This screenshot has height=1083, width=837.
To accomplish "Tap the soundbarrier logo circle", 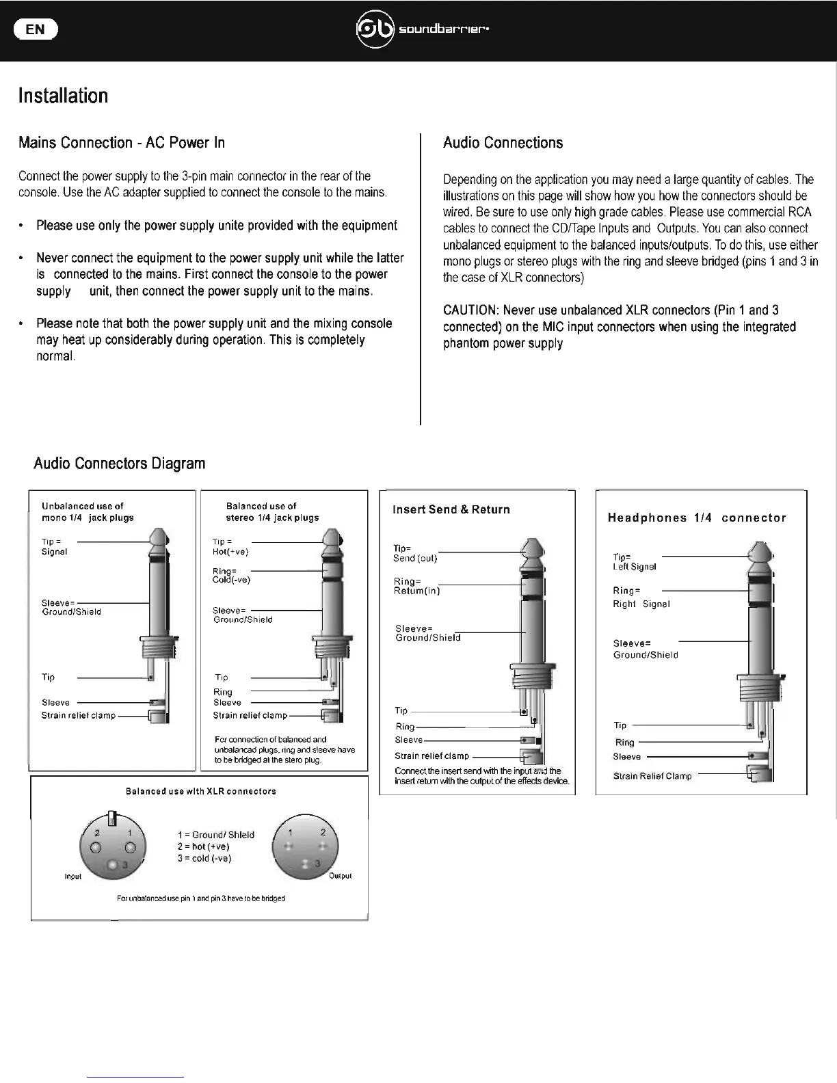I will pyautogui.click(x=375, y=29).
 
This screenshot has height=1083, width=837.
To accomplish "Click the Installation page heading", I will pyautogui.click(x=63, y=95).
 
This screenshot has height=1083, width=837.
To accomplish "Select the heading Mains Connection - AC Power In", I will pyautogui.click(x=122, y=142).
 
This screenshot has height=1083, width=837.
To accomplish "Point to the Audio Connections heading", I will pyautogui.click(x=503, y=142).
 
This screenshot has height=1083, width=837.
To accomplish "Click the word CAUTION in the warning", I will pyautogui.click(x=470, y=310).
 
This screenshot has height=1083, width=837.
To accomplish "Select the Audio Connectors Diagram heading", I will pyautogui.click(x=119, y=463).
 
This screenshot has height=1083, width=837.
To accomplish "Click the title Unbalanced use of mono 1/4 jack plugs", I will pyautogui.click(x=88, y=511).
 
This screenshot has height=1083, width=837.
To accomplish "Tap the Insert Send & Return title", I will pyautogui.click(x=451, y=509).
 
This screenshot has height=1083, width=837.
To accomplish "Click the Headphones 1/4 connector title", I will pyautogui.click(x=697, y=518).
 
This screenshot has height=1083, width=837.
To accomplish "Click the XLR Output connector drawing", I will pyautogui.click(x=305, y=848).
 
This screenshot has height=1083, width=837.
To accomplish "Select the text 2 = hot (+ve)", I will pyautogui.click(x=203, y=846).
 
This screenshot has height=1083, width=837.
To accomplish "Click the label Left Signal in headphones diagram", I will pyautogui.click(x=635, y=567).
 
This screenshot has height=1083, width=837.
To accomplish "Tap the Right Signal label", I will pyautogui.click(x=641, y=604).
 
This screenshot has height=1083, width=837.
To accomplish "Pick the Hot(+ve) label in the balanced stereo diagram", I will pyautogui.click(x=230, y=552).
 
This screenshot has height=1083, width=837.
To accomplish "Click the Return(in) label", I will pyautogui.click(x=417, y=591).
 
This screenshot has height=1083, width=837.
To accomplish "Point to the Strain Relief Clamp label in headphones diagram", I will pyautogui.click(x=652, y=776).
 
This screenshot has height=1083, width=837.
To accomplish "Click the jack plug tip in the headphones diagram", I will pyautogui.click(x=760, y=551).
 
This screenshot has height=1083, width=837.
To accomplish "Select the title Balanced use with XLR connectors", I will pyautogui.click(x=201, y=791).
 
